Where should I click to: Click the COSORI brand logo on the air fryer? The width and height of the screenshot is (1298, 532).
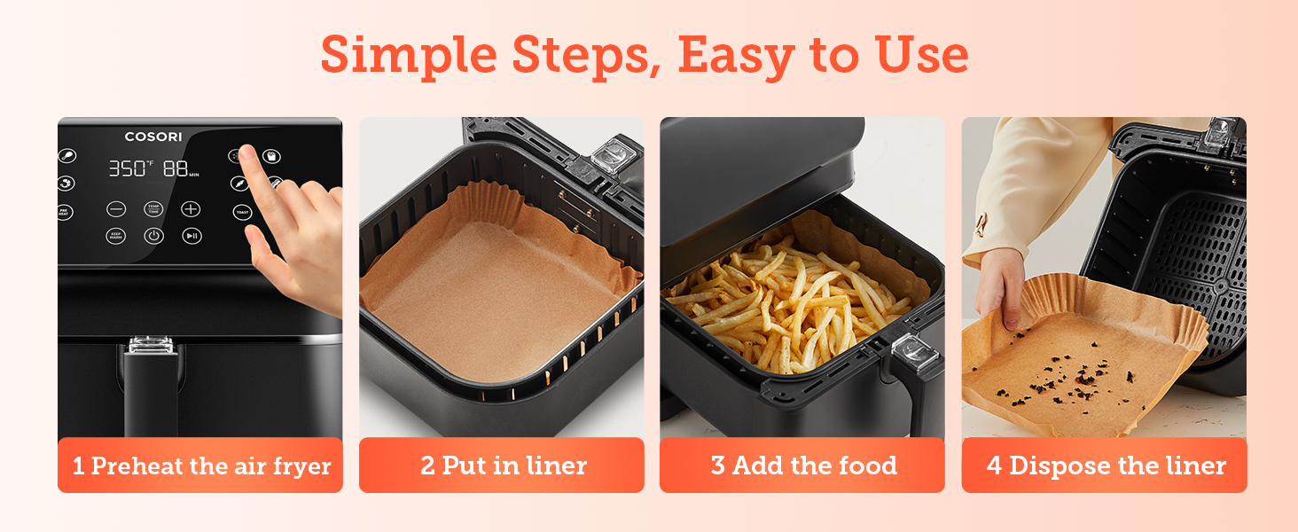click(x=152, y=137)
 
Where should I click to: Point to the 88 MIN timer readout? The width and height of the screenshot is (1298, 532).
click(x=180, y=168)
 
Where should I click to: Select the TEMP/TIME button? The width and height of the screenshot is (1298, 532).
click(x=153, y=209)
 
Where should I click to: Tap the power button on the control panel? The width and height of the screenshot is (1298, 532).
click(x=153, y=236)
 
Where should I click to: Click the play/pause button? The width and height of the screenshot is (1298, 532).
click(x=192, y=236)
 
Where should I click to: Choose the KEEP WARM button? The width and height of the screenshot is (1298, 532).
click(x=116, y=236)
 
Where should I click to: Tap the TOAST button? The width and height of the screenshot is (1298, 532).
click(x=242, y=212)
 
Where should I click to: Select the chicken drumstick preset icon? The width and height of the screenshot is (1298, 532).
click(x=66, y=156)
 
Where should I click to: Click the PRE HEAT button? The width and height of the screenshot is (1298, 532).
click(x=65, y=213)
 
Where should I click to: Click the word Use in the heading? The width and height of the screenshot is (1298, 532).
click(x=922, y=55)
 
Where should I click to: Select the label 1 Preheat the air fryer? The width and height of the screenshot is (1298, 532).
click(x=201, y=465)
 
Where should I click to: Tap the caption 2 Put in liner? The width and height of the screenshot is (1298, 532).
click(x=503, y=465)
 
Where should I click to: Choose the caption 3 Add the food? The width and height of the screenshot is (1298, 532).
click(x=803, y=465)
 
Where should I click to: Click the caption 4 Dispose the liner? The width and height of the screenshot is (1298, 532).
click(x=1106, y=465)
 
